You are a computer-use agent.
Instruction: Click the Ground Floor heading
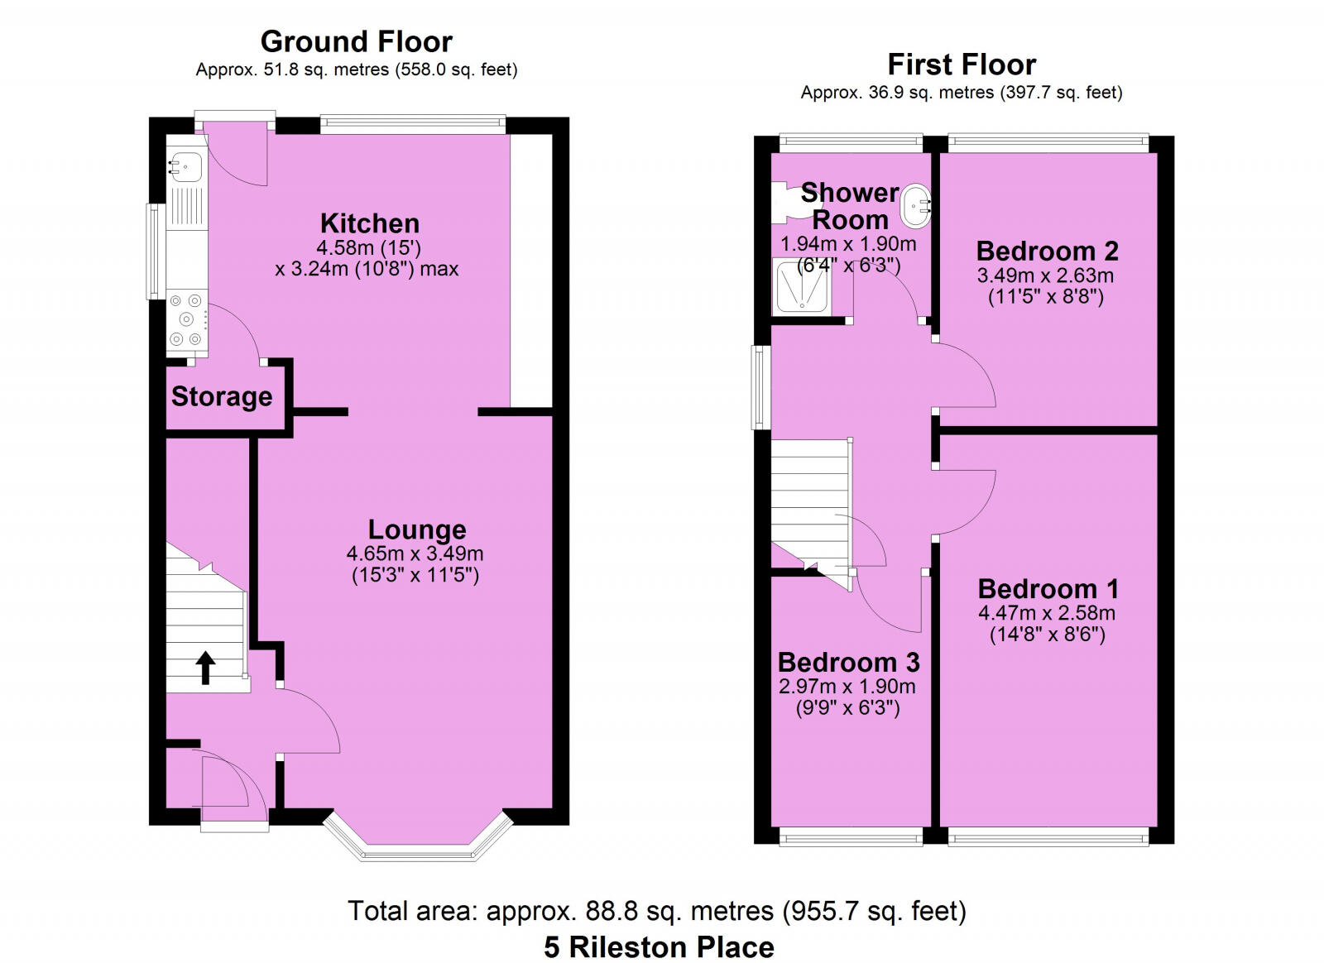pos(357,42)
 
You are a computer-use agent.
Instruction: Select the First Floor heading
pos(962,65)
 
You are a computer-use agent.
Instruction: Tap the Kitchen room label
pos(370,223)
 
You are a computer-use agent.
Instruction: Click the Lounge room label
pos(417,530)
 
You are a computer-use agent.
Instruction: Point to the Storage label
pos(222,396)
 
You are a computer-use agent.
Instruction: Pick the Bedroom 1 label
pos(1048,589)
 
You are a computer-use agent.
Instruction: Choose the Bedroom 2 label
pos(1048,251)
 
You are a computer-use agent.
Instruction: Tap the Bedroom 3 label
pos(849,663)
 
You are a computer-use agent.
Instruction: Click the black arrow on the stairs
pos(205,668)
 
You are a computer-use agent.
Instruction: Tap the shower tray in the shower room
pos(801,286)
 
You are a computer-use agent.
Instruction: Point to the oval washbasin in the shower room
pos(915,207)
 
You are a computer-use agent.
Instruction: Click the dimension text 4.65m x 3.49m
pos(415,553)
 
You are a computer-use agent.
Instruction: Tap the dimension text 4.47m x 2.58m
pos(1047,613)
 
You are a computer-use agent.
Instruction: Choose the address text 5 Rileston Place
pos(659,947)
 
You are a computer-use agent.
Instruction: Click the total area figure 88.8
pos(612,910)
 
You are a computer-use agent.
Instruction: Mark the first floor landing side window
pos(762,387)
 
